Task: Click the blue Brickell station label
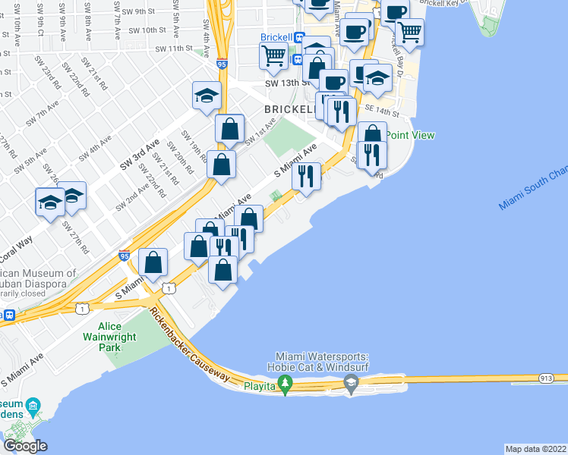277,37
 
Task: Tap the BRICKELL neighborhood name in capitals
289,109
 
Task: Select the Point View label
410,135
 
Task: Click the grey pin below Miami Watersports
351,386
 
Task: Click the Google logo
24,445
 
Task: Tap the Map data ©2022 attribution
535,448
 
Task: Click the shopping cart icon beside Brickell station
273,54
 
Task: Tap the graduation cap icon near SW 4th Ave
206,96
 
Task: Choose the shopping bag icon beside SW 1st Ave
229,130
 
